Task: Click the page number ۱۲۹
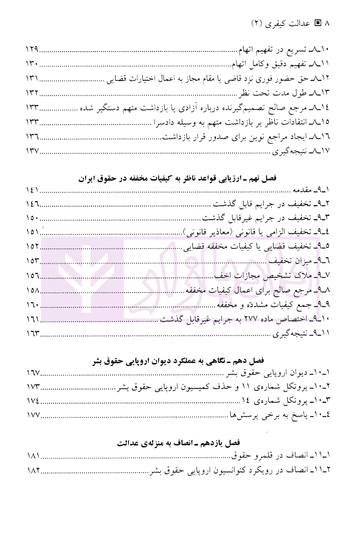[x=32, y=50]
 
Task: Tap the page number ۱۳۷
[x=32, y=151]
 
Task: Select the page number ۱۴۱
[x=32, y=190]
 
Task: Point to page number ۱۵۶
[x=32, y=276]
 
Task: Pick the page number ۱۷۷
[x=32, y=415]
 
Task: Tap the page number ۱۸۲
[x=32, y=470]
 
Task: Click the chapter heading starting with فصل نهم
[x=177, y=178]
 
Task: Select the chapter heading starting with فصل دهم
[x=179, y=361]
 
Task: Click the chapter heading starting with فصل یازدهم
[x=179, y=443]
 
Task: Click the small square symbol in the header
[x=318, y=23]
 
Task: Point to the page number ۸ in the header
[x=327, y=23]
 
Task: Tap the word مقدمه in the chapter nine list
[x=302, y=190]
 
